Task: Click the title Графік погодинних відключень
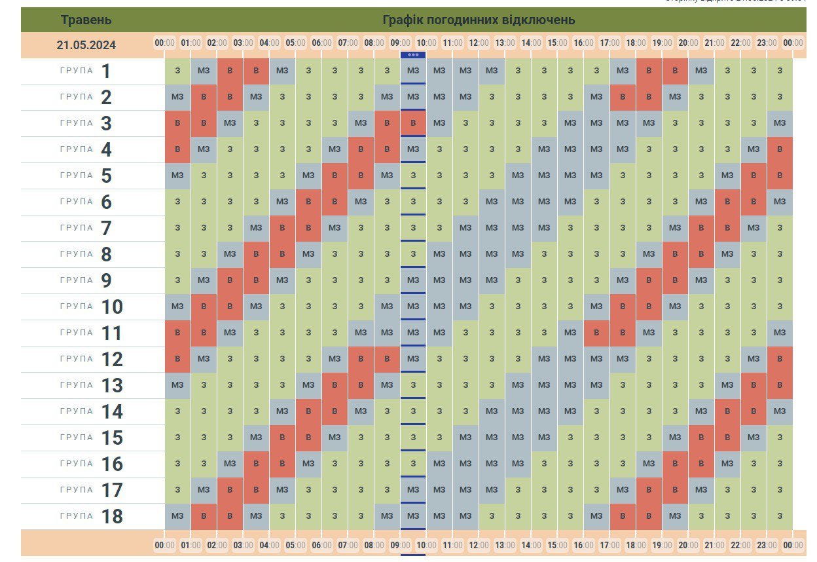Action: [479, 20]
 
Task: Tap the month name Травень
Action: [86, 20]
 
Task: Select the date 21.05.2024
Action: [86, 45]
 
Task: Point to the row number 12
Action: [112, 359]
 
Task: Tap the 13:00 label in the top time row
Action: [505, 43]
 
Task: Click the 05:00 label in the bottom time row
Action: [295, 545]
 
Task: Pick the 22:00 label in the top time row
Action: [740, 43]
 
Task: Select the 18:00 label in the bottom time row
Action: [636, 545]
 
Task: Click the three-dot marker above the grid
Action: [413, 55]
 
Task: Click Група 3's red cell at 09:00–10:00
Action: [413, 123]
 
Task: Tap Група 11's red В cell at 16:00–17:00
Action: [596, 333]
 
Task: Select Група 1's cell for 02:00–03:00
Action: [230, 71]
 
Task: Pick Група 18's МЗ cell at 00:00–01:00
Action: [177, 516]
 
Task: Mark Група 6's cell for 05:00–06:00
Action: [308, 202]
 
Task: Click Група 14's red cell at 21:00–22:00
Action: [727, 411]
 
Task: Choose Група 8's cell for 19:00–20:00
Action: [675, 254]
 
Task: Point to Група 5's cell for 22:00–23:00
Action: [753, 176]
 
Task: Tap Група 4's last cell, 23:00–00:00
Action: [780, 149]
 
